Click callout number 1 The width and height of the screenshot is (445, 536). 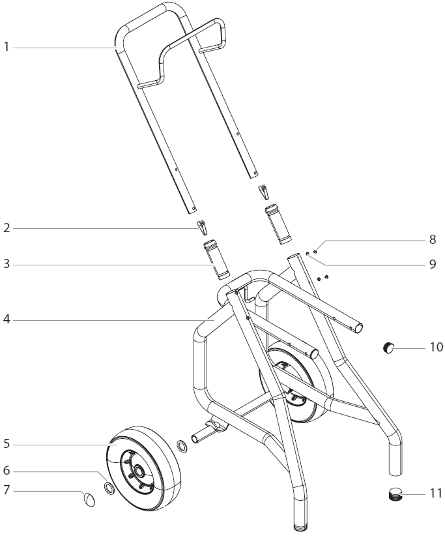point(7,47)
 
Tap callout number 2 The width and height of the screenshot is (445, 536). point(7,228)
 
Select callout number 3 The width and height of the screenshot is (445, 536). point(7,265)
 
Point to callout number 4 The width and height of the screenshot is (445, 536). point(7,320)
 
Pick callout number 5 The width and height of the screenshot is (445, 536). point(7,444)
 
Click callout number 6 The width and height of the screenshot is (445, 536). point(7,471)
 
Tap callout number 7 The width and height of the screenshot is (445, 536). point(7,490)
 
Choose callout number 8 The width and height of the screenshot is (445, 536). point(432,239)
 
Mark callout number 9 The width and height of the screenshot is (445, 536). point(432,265)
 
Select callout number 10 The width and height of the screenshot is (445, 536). point(435,347)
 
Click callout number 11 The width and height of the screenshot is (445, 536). point(435,493)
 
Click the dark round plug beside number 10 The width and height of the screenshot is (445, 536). point(390,348)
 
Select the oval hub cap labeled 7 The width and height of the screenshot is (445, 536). point(89,499)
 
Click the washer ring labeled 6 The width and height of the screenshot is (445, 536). point(110,489)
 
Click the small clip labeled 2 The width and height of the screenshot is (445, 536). point(203,227)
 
